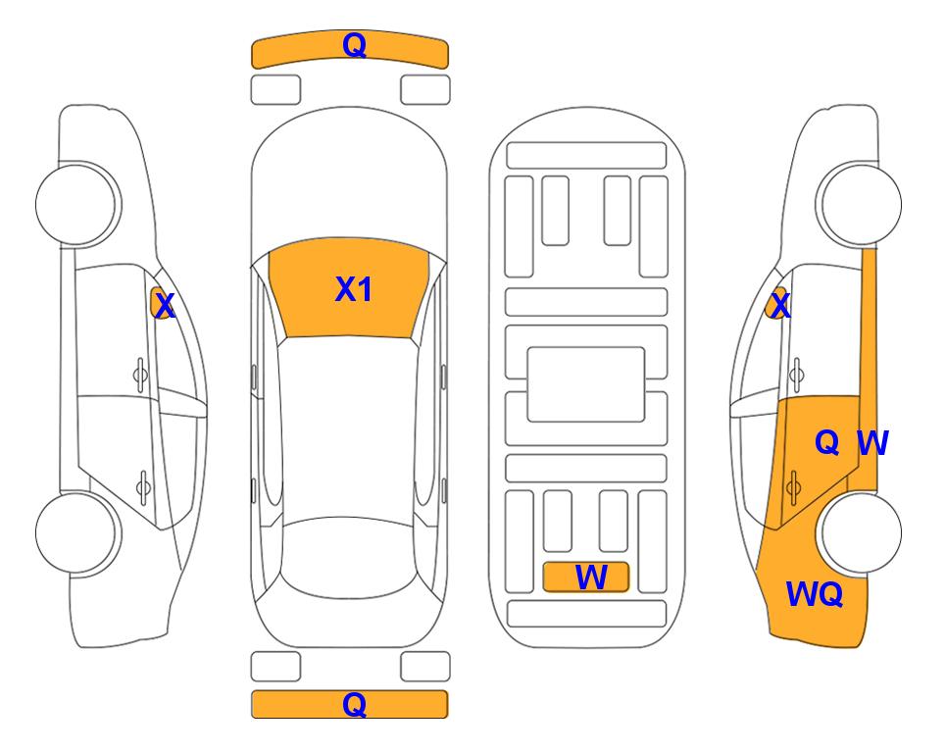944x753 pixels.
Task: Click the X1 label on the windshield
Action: [354, 289]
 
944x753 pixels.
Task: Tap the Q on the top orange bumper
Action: [354, 45]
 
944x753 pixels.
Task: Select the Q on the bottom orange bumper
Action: [354, 704]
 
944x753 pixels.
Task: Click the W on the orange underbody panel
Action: [591, 577]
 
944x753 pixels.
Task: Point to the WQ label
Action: [815, 594]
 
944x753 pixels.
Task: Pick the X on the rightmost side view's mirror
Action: [780, 305]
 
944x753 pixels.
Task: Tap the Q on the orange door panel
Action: [827, 443]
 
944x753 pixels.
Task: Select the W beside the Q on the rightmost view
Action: [872, 443]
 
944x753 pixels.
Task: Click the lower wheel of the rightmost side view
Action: [862, 532]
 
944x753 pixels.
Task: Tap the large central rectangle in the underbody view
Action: [586, 384]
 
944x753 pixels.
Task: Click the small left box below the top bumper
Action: [275, 90]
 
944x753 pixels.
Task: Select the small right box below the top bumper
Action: [425, 90]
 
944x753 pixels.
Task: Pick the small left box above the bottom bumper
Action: [275, 667]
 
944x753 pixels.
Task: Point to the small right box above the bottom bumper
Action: [425, 667]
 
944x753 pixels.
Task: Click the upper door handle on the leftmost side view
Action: [140, 376]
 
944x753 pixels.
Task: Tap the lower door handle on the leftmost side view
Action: [143, 486]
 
